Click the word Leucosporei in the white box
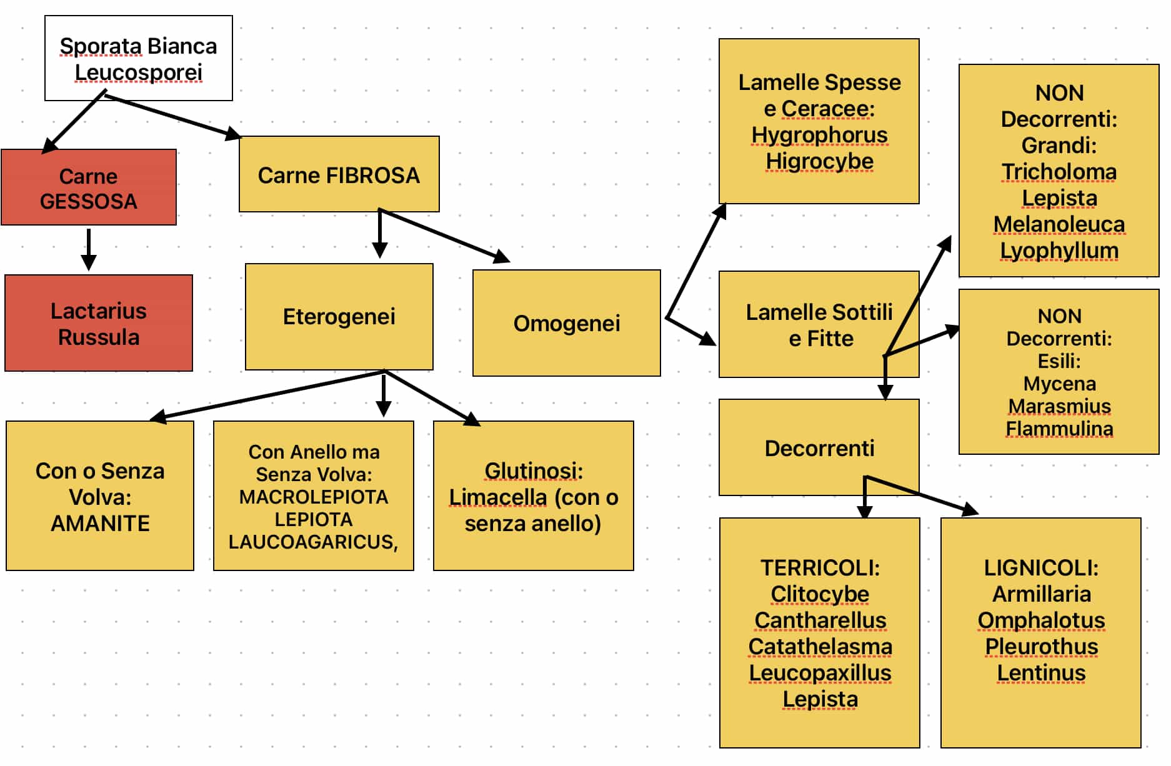click(x=139, y=72)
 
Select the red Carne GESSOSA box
click(x=89, y=187)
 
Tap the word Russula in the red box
click(x=99, y=337)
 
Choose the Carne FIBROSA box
click(x=339, y=174)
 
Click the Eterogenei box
click(x=339, y=317)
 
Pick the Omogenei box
click(x=567, y=323)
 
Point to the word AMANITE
click(x=100, y=524)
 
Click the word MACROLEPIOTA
click(x=314, y=497)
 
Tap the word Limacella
click(x=498, y=497)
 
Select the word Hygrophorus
click(x=819, y=135)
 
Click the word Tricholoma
click(x=1059, y=172)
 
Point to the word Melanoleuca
click(x=1059, y=224)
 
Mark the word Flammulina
click(x=1059, y=429)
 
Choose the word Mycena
click(x=1059, y=384)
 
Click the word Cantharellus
click(x=820, y=620)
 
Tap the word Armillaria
click(x=1042, y=594)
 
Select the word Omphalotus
click(x=1042, y=620)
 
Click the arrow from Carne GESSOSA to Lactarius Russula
click(x=89, y=249)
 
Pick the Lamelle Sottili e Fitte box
click(x=819, y=324)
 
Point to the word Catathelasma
click(x=820, y=647)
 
